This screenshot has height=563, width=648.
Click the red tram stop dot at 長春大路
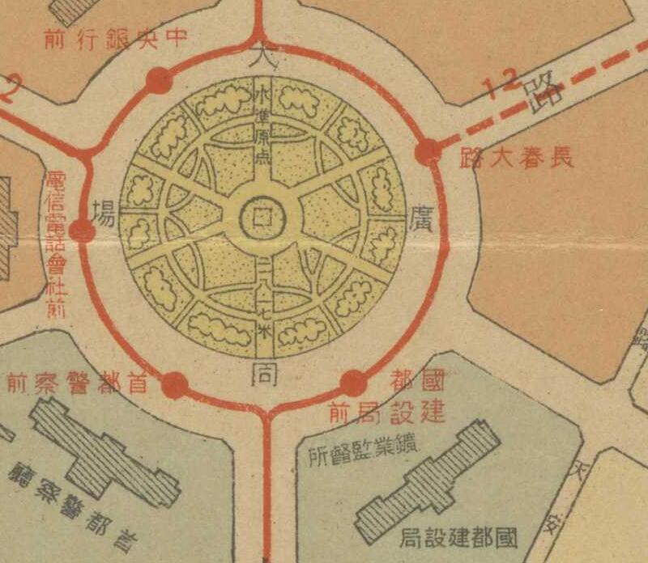coord(427,151)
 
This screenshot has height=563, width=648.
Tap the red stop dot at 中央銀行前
coord(159,81)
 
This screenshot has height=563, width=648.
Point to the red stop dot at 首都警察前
coord(174,386)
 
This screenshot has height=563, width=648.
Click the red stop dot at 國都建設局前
coord(353,383)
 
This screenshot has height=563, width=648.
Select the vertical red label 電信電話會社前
coord(57,243)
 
